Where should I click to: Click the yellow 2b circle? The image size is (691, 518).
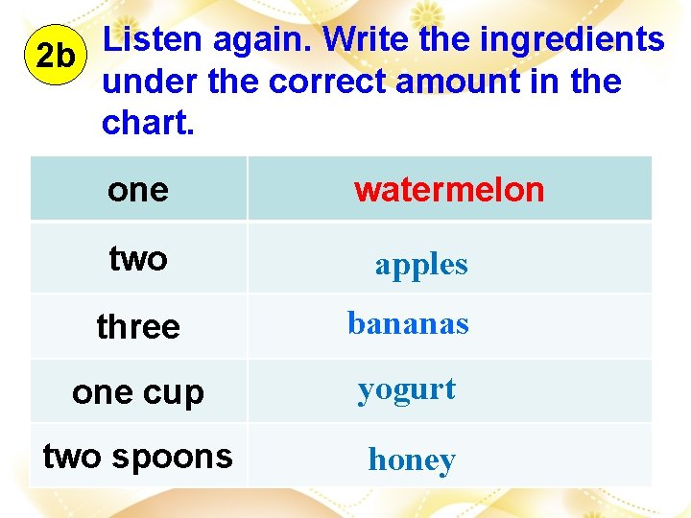54,56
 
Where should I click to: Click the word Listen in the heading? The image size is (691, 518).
153,40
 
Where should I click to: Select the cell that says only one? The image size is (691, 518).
138,190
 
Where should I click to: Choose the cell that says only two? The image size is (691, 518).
138,258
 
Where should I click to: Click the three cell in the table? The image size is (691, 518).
138,327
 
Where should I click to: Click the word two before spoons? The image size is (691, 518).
74,457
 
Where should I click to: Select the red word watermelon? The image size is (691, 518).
448,190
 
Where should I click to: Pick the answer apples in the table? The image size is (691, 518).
421,265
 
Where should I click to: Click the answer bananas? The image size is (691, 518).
408,324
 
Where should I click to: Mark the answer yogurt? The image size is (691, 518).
406,390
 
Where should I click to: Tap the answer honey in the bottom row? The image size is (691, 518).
412,460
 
